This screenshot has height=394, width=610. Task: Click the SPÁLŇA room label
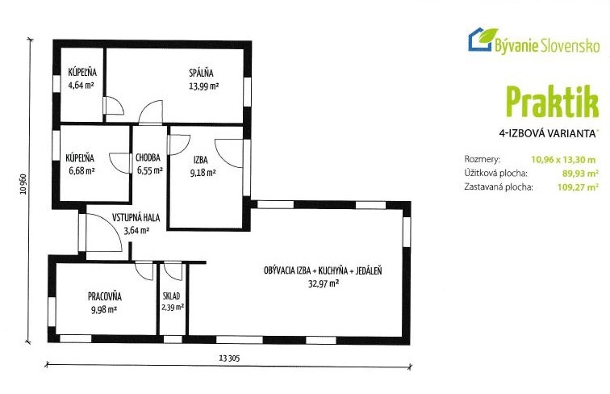tap(200, 73)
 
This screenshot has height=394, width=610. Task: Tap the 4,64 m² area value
tap(81, 84)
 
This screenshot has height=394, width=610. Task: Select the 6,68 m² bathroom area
tap(81, 170)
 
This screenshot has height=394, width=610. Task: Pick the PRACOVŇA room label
tap(103, 296)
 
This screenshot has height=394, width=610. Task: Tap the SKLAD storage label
tap(171, 296)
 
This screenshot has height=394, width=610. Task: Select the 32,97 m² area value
tap(323, 283)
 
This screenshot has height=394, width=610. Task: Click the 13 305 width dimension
tap(229, 357)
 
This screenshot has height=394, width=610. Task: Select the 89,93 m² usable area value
tap(579, 173)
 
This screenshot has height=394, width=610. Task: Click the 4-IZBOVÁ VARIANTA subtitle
tap(548, 132)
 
